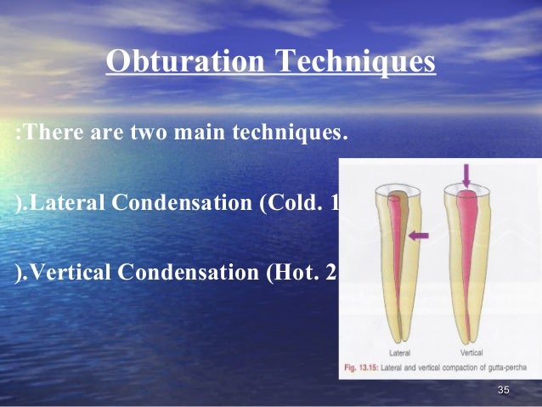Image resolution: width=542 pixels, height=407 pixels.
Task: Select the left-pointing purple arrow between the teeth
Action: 419,235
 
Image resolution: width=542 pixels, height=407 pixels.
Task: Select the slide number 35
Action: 503,390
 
